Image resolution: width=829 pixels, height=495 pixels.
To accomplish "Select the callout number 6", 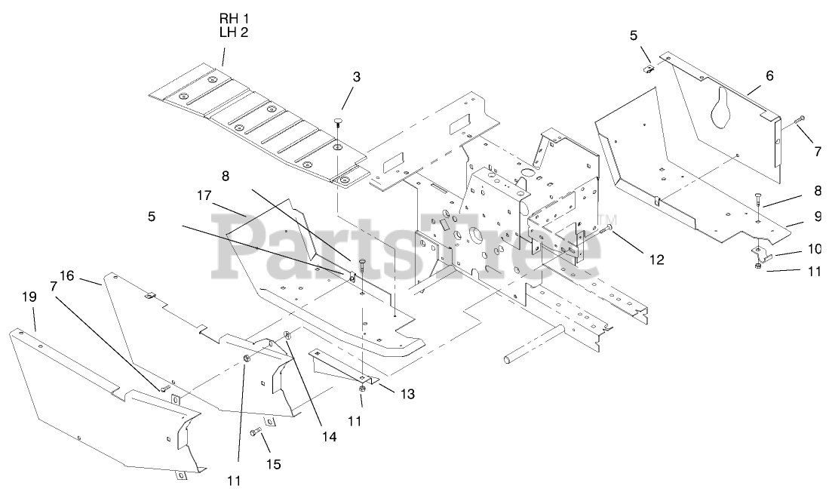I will coord(769,76).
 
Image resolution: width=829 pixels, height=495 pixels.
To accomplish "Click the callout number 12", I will coord(656,259).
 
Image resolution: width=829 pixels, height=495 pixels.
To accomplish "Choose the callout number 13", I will coord(408,394).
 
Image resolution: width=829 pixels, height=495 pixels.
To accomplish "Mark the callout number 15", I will coord(273,464).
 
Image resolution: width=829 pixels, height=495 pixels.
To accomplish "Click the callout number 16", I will coord(66,276).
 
